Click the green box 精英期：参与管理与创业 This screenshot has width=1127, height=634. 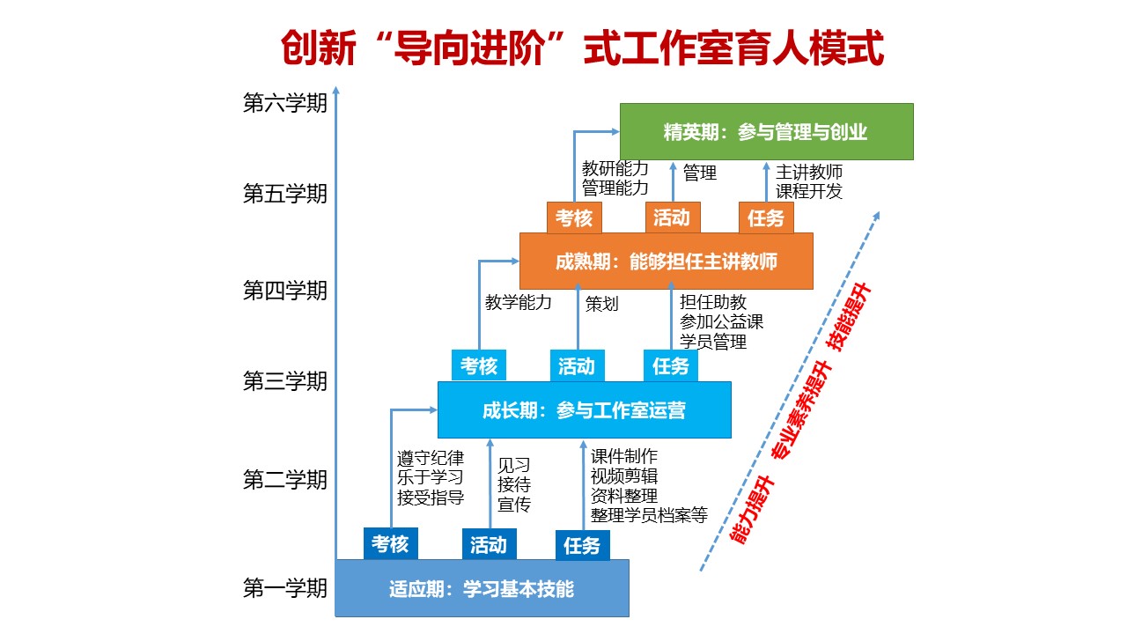pyautogui.click(x=766, y=132)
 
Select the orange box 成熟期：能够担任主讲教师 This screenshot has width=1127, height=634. pyautogui.click(x=667, y=262)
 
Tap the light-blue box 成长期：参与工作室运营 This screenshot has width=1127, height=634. pyautogui.click(x=584, y=410)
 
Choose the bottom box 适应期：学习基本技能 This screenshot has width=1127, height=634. pyautogui.click(x=482, y=588)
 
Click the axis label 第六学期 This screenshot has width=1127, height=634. pyautogui.click(x=284, y=103)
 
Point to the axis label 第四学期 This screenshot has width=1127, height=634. pyautogui.click(x=284, y=291)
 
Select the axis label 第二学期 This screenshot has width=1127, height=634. pyautogui.click(x=284, y=480)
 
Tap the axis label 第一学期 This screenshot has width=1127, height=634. pyautogui.click(x=284, y=588)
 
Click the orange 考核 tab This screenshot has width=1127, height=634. pyautogui.click(x=574, y=217)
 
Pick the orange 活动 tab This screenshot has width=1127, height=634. pyautogui.click(x=673, y=217)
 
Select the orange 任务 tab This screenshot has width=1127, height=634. pyautogui.click(x=766, y=217)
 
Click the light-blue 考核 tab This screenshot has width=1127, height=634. pyautogui.click(x=479, y=365)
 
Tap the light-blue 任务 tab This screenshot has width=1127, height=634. pyautogui.click(x=671, y=365)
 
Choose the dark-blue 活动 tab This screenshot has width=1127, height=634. pyautogui.click(x=489, y=544)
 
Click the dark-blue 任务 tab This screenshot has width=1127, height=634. pyautogui.click(x=583, y=545)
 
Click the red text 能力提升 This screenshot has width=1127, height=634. pyautogui.click(x=752, y=510)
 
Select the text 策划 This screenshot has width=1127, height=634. pyautogui.click(x=601, y=304)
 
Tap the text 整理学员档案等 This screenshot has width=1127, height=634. pyautogui.click(x=649, y=515)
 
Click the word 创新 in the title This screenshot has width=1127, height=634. pyautogui.click(x=319, y=48)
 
